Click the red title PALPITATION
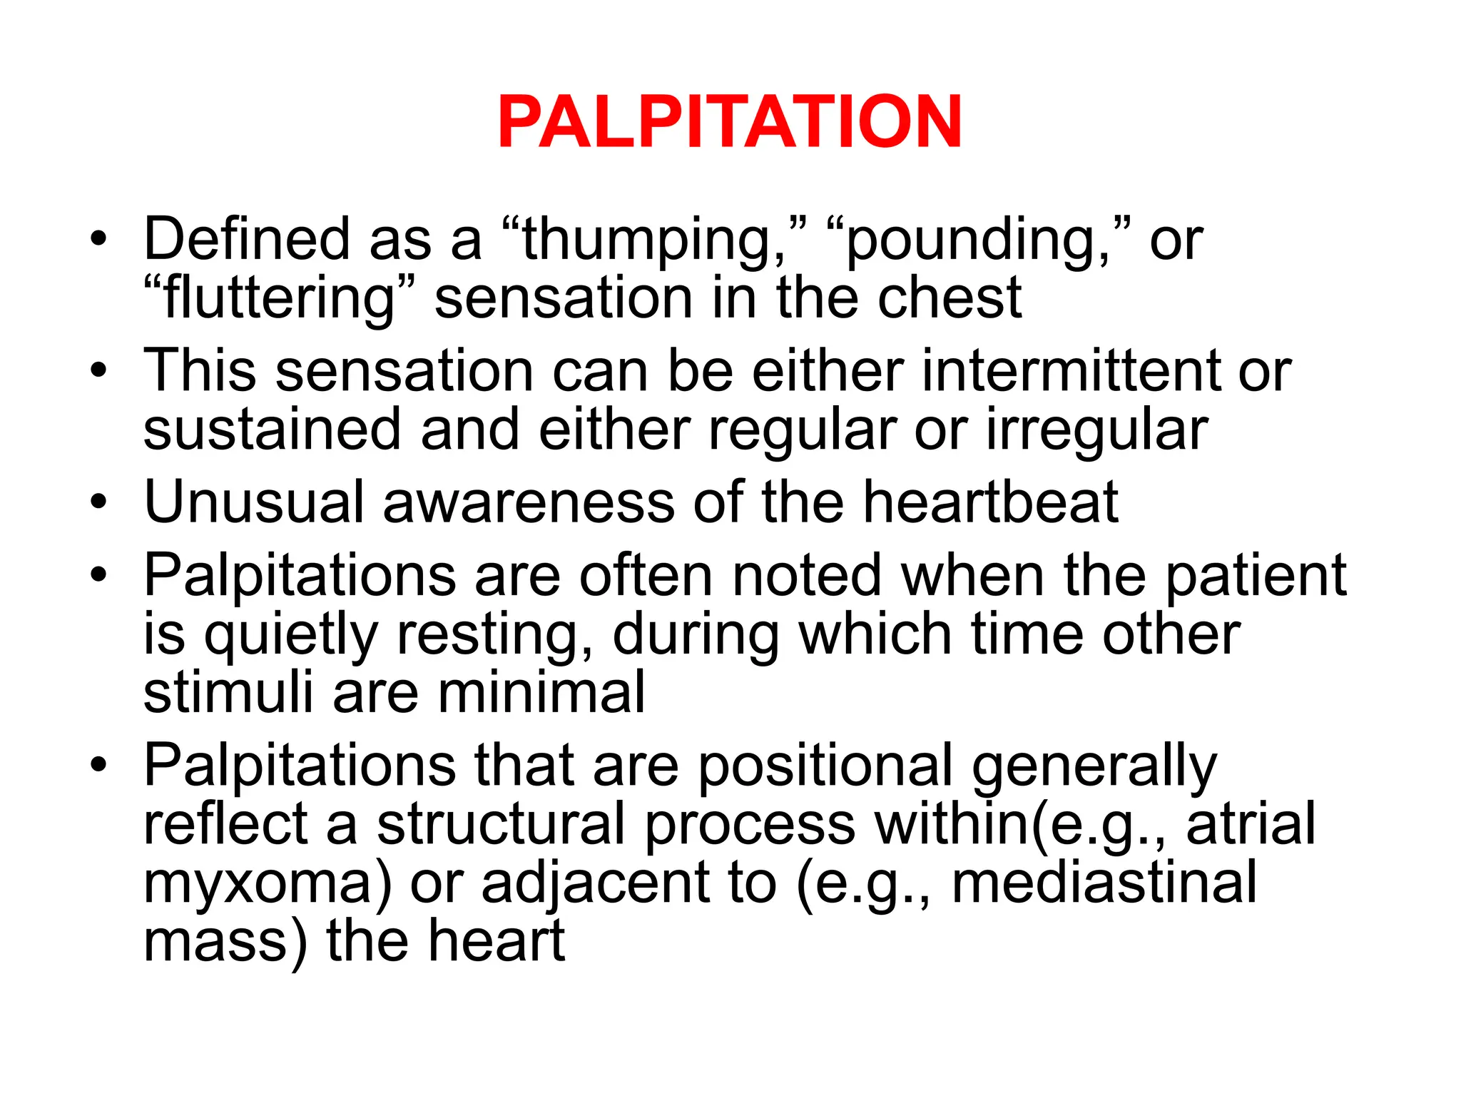(730, 122)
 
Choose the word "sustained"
(273, 430)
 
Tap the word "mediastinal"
(1104, 883)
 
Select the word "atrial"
(1251, 825)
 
